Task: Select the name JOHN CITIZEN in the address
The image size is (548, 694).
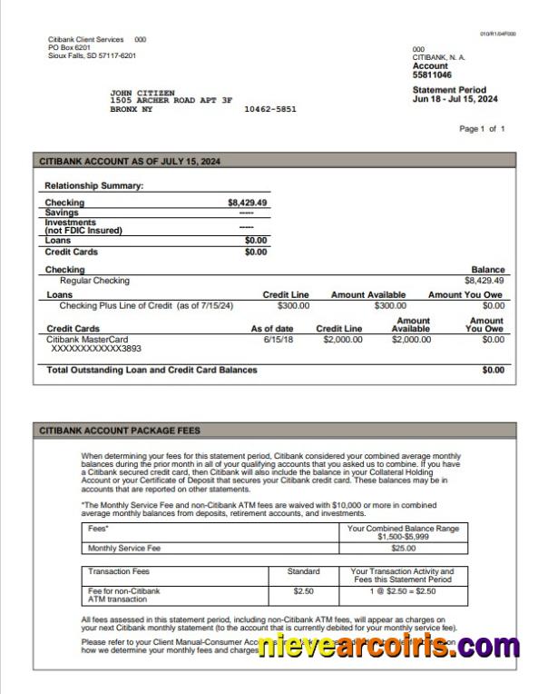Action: [x=139, y=93]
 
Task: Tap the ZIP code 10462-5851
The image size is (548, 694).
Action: [x=269, y=109]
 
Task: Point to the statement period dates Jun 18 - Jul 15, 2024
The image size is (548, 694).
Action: [x=455, y=99]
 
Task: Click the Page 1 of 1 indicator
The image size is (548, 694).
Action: [x=482, y=129]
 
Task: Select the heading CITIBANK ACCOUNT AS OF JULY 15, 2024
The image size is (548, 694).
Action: [x=130, y=161]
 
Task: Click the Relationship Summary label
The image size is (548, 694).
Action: [x=94, y=185]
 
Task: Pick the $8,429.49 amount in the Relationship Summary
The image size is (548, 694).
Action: [x=247, y=203]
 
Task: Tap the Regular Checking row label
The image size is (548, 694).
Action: [x=94, y=281]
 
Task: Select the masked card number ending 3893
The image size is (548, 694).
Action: [x=95, y=349]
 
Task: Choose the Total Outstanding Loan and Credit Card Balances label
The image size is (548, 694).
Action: [x=152, y=370]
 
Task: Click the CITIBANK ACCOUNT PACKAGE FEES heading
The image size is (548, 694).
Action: [x=120, y=431]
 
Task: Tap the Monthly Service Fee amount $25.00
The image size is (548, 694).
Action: [x=403, y=549]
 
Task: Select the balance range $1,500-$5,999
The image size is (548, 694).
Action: [x=403, y=537]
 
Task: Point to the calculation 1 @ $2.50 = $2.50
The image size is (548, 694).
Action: [x=403, y=591]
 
